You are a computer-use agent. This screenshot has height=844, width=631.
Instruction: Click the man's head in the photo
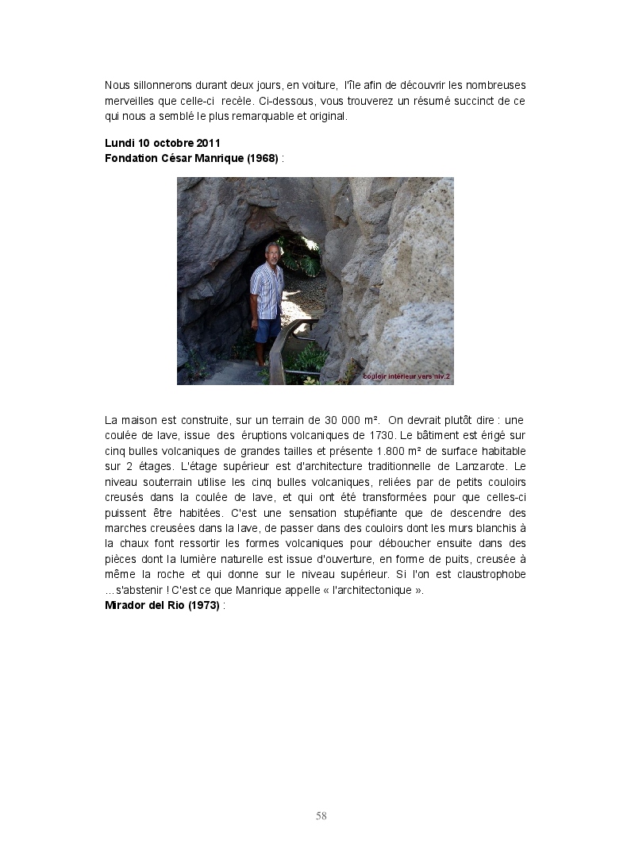(x=271, y=253)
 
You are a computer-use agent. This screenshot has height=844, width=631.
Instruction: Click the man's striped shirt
(x=267, y=291)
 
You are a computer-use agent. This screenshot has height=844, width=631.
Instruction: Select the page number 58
(x=321, y=815)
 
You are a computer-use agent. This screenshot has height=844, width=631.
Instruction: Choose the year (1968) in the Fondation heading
(x=262, y=158)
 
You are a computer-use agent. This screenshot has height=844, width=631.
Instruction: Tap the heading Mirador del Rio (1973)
(x=163, y=605)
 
